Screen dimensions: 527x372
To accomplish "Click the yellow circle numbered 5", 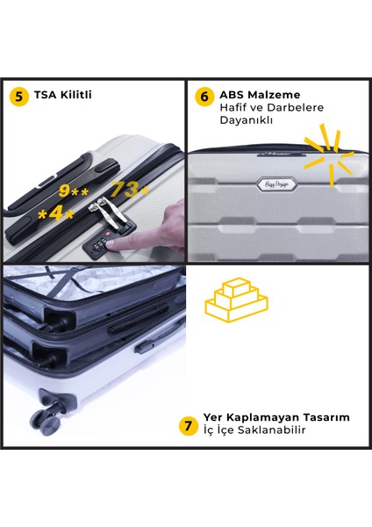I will click(x=19, y=96).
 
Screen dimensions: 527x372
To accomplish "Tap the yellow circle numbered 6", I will click(x=205, y=96).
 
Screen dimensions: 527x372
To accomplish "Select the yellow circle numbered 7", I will click(x=188, y=426).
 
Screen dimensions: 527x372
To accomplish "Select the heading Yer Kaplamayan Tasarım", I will click(x=277, y=417).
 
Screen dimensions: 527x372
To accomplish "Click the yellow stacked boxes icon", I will click(x=236, y=300).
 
